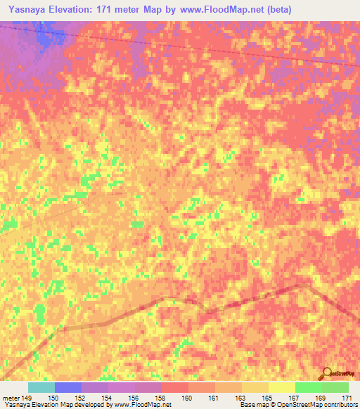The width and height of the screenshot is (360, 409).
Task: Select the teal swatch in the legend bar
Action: coord(41,387)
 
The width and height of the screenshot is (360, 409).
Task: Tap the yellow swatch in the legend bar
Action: coord(281,387)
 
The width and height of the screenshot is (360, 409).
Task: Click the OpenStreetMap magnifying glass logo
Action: coord(327,373)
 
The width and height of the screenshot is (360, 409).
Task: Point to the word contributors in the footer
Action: coord(337,405)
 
